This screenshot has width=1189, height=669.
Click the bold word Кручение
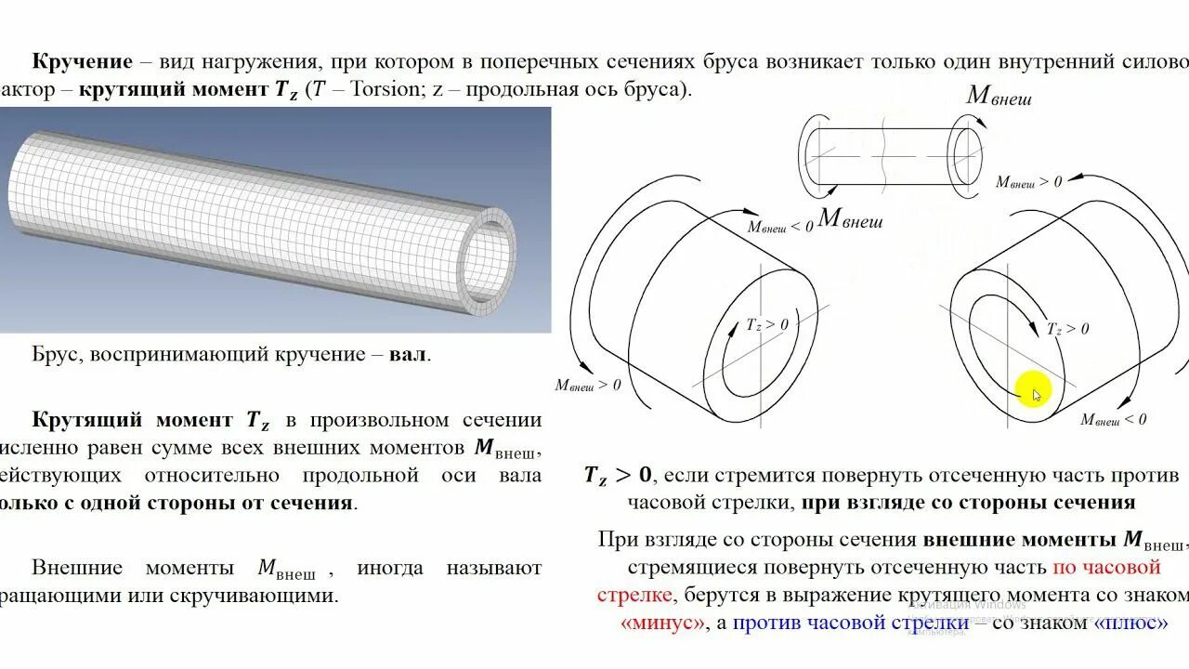(83, 62)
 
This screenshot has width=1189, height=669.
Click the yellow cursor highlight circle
(1033, 390)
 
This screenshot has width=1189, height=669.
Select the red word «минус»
(662, 623)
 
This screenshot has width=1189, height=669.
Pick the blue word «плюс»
(1131, 623)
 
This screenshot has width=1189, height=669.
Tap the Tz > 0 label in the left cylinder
(767, 324)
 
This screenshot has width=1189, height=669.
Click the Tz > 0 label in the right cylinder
(1068, 328)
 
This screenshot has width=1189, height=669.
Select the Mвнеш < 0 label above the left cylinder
(780, 226)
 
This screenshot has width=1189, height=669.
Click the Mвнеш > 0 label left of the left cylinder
(588, 385)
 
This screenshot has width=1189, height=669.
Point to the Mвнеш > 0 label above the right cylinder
(1028, 182)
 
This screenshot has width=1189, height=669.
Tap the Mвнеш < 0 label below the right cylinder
(1113, 420)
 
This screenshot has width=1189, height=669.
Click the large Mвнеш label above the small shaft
(999, 96)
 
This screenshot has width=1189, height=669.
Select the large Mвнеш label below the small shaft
(850, 220)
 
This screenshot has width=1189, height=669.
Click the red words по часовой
(1106, 567)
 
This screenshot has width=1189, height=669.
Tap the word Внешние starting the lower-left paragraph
(77, 568)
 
